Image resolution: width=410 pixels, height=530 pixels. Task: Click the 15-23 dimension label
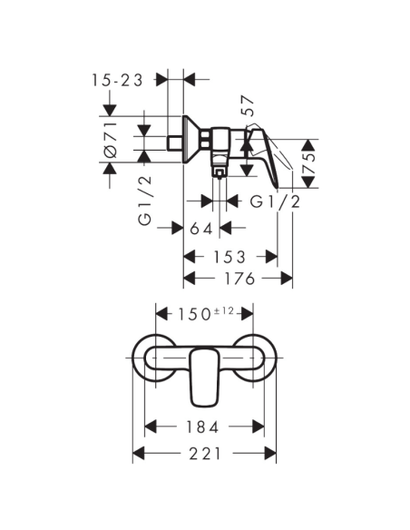(x=117, y=80)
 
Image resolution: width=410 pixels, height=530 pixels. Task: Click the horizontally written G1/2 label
(x=275, y=201)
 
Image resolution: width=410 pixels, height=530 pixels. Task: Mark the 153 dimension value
(x=230, y=257)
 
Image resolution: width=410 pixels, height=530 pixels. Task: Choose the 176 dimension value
(x=238, y=278)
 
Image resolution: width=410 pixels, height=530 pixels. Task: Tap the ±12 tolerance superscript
(x=225, y=310)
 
